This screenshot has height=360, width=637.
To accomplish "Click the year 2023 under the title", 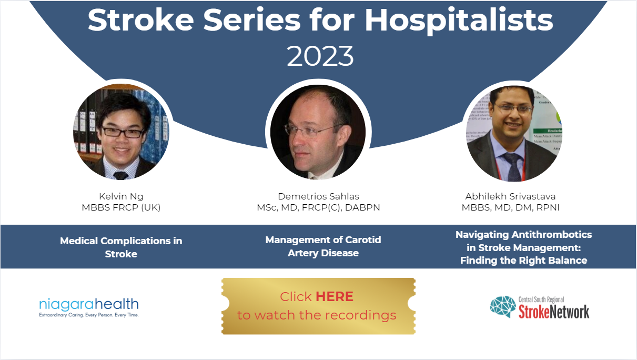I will coord(320,56).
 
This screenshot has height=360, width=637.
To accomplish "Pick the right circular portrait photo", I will coord(511,132).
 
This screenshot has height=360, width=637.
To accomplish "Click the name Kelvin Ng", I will coord(121,196).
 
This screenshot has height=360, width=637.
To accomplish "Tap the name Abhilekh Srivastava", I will coord(510,196).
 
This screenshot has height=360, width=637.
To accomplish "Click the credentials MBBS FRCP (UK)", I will coord(121,207).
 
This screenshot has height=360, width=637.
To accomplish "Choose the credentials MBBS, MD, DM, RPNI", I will coord(510,207).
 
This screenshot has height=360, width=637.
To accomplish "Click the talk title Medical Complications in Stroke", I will coord(121,247).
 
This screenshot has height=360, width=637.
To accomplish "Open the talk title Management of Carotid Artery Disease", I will coord(323,246).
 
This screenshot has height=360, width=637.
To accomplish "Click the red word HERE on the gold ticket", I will coord(335,296).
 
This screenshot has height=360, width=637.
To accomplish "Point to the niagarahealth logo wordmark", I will coord(89,304).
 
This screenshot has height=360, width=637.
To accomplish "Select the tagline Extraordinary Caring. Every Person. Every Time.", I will coord(89,315).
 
